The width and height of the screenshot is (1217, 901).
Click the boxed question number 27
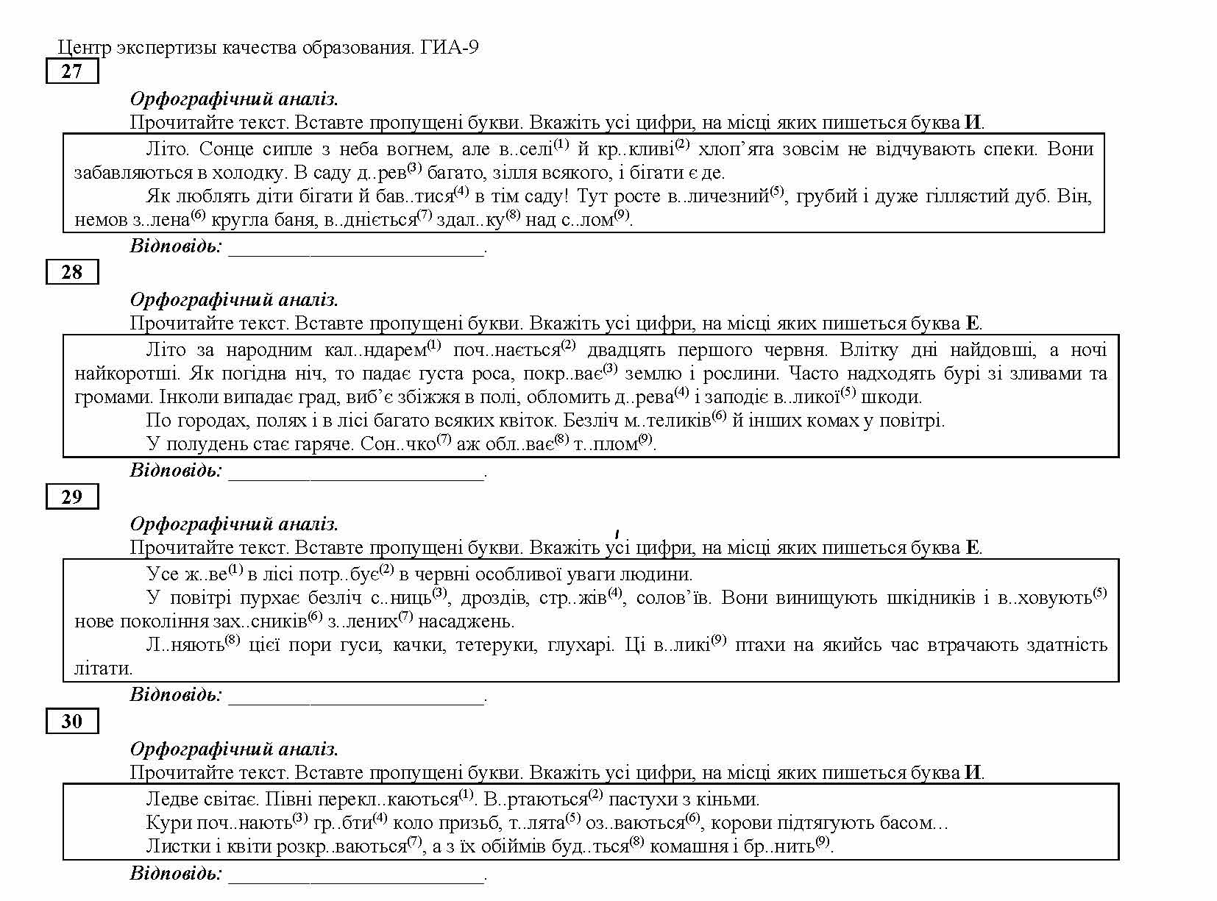[x=71, y=71]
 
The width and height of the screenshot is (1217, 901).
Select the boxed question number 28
[x=71, y=272]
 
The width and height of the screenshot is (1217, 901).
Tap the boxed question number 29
[x=71, y=496]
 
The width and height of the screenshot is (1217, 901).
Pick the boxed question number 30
[x=71, y=721]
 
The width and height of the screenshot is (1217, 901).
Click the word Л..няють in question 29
[x=185, y=646]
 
